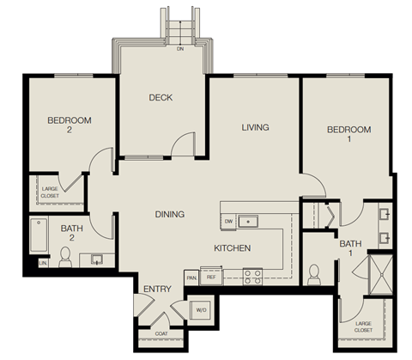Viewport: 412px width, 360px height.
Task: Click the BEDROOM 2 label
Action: coord(70,125)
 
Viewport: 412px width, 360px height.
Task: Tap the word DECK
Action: coord(161,97)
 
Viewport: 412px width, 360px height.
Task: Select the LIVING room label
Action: coord(254,127)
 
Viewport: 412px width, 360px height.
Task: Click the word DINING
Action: coord(170,214)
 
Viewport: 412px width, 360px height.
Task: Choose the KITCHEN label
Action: coord(232,248)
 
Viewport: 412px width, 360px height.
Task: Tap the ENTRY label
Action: coord(157,289)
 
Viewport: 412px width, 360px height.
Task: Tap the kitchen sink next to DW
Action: coord(248,221)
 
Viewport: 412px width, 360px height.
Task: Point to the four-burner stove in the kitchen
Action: coord(253,276)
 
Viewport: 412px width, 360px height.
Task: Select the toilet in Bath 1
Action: coord(314,273)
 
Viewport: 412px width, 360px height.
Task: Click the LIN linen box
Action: coord(42,264)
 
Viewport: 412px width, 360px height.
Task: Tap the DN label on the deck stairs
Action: coord(179,49)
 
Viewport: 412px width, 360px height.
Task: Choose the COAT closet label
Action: coord(161,333)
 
